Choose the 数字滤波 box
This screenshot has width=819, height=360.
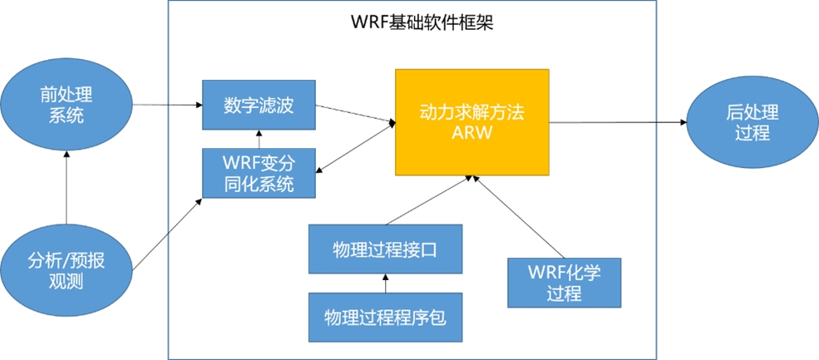[259, 106]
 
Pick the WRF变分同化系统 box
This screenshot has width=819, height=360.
[259, 173]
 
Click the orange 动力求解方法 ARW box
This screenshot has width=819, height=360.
[471, 122]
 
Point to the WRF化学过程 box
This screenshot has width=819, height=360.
[564, 282]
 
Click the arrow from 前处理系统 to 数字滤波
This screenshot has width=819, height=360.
[167, 105]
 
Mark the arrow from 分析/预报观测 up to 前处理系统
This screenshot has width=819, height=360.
[65, 191]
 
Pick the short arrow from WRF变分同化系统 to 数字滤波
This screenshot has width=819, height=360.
[259, 139]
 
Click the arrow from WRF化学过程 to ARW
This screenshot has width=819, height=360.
[520, 215]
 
